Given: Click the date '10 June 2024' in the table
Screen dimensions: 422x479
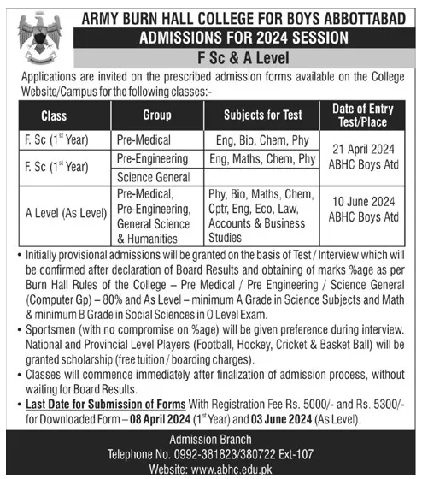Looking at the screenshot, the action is [x=365, y=203].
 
